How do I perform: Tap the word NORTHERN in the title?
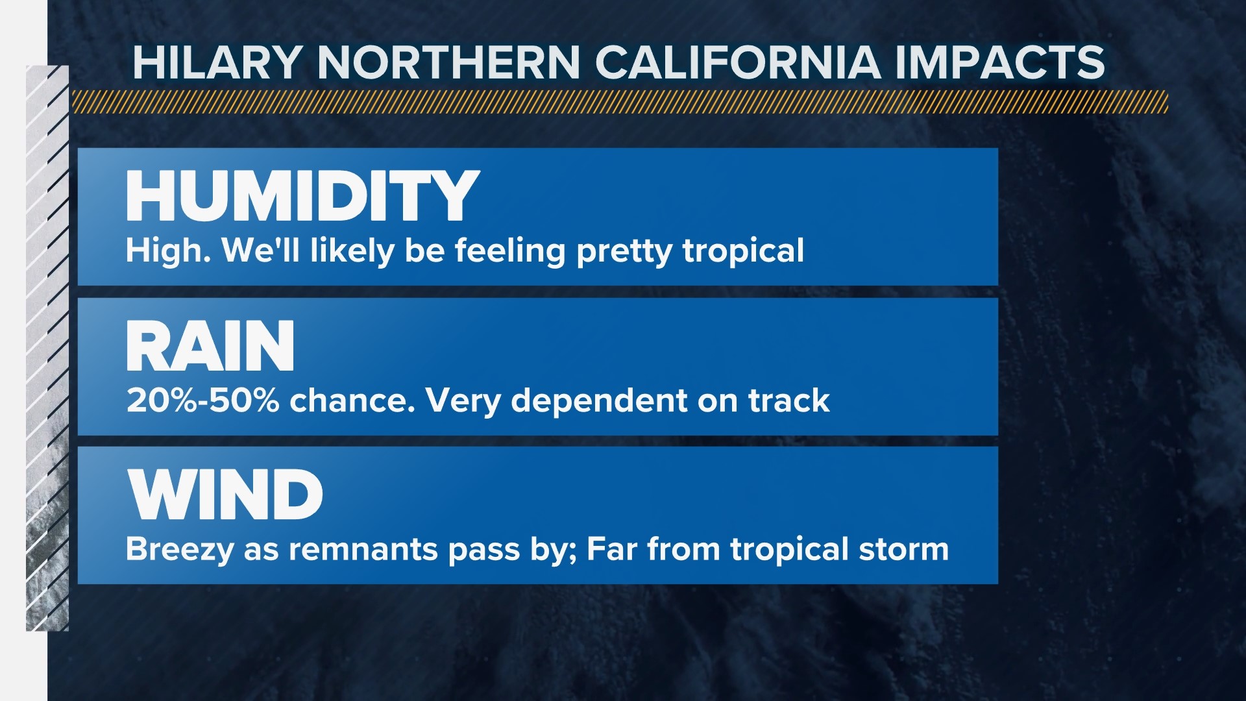pos(448,63)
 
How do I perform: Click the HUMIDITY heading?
pos(302,195)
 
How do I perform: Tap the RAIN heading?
pos(210,346)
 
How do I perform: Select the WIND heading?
pos(225,495)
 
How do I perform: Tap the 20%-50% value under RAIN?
pos(203,400)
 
